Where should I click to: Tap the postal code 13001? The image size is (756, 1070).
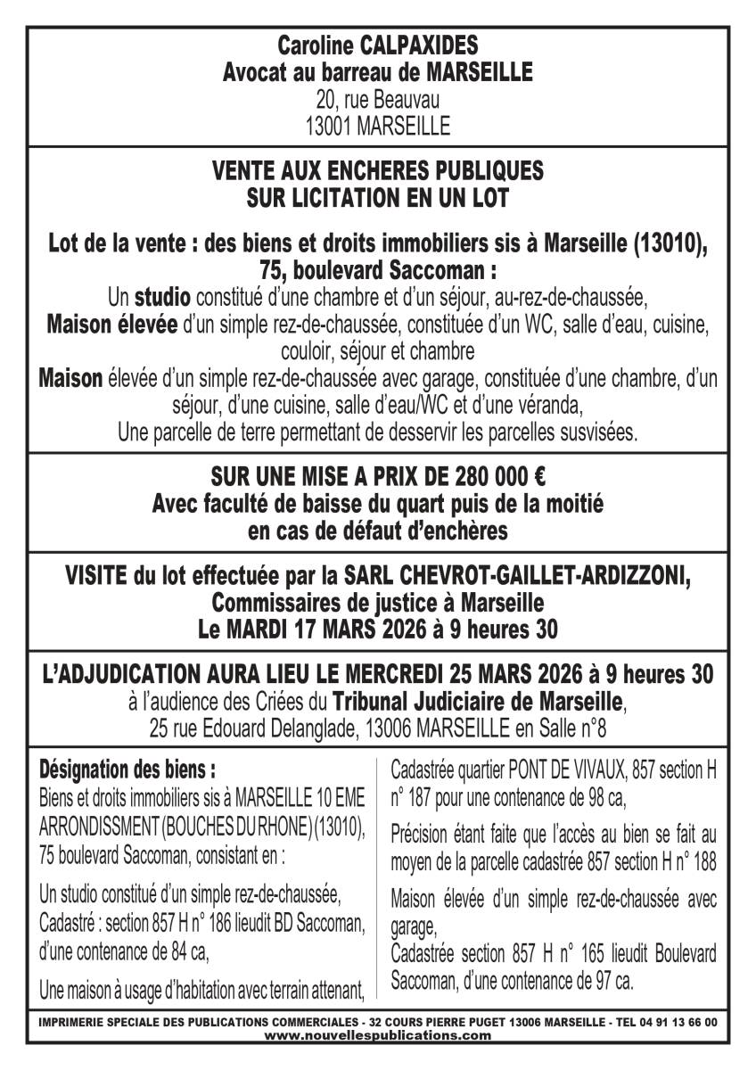329,126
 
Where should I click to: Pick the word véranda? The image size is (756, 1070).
551,407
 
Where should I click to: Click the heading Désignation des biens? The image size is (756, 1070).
127,768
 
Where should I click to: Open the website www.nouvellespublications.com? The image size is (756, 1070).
377,1035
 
